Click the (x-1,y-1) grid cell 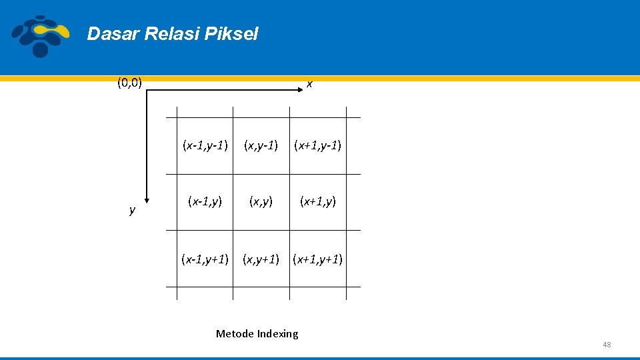click(x=205, y=145)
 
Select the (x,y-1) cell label click(x=261, y=145)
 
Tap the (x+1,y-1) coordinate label click(x=318, y=145)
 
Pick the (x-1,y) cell click(x=205, y=201)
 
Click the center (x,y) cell click(x=261, y=201)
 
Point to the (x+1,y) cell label click(x=318, y=201)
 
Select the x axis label click(x=309, y=85)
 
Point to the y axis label click(x=132, y=211)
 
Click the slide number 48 click(x=606, y=345)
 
